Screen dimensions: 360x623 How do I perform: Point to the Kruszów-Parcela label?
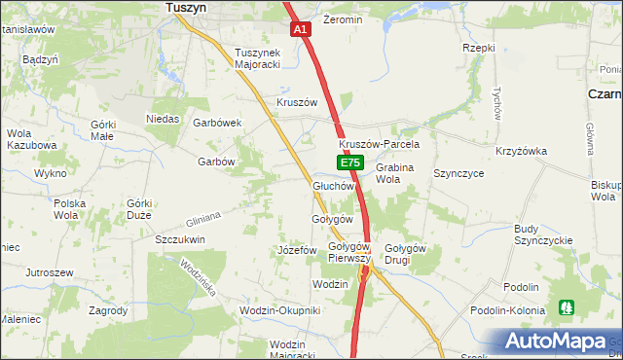point(379,144)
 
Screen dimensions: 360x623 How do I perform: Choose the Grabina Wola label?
point(394,173)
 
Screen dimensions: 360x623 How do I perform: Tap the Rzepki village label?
point(479,47)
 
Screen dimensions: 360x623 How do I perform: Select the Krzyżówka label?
point(521,151)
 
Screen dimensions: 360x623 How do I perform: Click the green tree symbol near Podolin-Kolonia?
point(567,307)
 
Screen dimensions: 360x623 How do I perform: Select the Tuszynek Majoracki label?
point(257,58)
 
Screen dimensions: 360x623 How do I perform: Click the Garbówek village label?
point(217,124)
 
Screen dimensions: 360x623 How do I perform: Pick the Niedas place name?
point(164,119)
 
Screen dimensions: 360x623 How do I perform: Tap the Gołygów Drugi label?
point(406,254)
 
